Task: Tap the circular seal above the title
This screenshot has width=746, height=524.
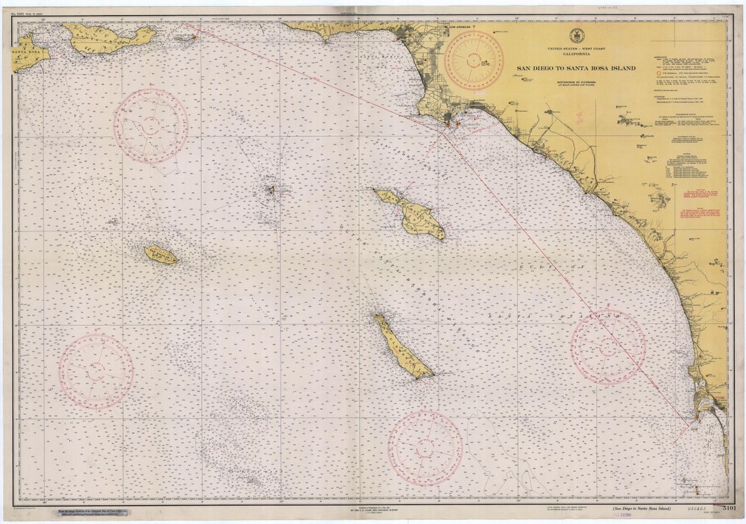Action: pyautogui.click(x=577, y=36)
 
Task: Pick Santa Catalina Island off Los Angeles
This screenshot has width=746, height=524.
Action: pyautogui.click(x=413, y=213)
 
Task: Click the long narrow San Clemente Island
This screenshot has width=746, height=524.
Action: pyautogui.click(x=403, y=347)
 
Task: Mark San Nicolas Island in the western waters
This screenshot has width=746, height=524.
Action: pyautogui.click(x=161, y=255)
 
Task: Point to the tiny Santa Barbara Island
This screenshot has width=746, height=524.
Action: pyautogui.click(x=271, y=190)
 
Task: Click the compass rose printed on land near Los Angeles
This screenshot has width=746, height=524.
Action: pyautogui.click(x=474, y=60)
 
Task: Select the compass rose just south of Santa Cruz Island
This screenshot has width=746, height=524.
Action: pyautogui.click(x=151, y=126)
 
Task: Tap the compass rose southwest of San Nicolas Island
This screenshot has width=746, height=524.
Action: pyautogui.click(x=96, y=371)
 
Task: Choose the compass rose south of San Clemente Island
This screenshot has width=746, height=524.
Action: pyautogui.click(x=425, y=448)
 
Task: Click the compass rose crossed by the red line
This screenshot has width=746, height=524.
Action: pyautogui.click(x=608, y=347)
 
